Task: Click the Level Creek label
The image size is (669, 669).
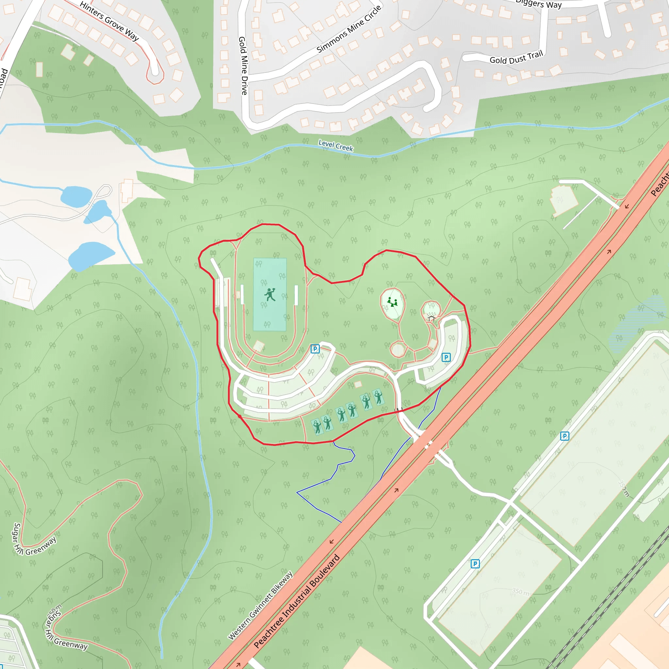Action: [335, 145]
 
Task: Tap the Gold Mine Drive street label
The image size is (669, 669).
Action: [243, 65]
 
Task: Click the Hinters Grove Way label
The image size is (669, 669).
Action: [109, 21]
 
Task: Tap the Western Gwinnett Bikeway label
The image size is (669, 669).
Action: [260, 605]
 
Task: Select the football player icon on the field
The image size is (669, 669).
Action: [270, 295]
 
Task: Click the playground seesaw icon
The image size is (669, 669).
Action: [392, 302]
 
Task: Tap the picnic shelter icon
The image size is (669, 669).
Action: [431, 318]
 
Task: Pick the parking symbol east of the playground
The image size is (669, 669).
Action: [446, 357]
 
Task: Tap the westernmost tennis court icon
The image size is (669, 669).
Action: [317, 427]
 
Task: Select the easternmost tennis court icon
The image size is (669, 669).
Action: [379, 397]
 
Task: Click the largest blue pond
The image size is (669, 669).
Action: [91, 255]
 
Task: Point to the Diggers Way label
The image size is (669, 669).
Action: [538, 4]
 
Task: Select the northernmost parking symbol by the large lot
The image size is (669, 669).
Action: [564, 436]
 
